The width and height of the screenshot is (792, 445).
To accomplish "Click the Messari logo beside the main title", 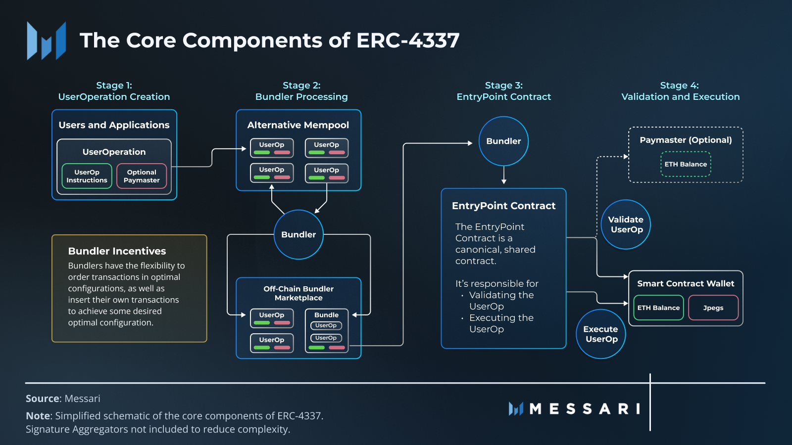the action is pyautogui.click(x=47, y=41).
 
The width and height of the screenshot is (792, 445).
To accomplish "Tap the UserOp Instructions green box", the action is pyautogui.click(x=87, y=176).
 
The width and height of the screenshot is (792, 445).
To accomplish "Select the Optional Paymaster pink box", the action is pyautogui.click(x=142, y=176).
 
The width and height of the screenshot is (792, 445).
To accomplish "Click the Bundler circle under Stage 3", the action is pyautogui.click(x=503, y=141).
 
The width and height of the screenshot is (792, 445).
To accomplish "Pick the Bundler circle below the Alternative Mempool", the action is pyautogui.click(x=298, y=234).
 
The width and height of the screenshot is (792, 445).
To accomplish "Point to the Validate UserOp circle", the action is pyautogui.click(x=626, y=224).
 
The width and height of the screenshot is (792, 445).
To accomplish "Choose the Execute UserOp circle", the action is pyautogui.click(x=601, y=334).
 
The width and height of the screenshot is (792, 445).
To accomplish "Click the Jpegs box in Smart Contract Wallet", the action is pyautogui.click(x=713, y=308).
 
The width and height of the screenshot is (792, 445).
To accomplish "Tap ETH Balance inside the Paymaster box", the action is pyautogui.click(x=686, y=164).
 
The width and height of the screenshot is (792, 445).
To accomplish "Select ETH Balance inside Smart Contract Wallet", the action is pyautogui.click(x=658, y=308).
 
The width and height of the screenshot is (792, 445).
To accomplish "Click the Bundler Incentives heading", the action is pyautogui.click(x=117, y=251).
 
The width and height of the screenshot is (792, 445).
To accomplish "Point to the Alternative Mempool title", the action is pyautogui.click(x=298, y=125).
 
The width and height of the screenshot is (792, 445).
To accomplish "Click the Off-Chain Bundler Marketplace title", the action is pyautogui.click(x=298, y=293).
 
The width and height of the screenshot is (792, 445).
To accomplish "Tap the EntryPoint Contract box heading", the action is pyautogui.click(x=503, y=206).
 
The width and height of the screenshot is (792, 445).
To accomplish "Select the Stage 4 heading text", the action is pyautogui.click(x=680, y=91).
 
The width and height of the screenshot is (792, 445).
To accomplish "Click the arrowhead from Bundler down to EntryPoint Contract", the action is pyautogui.click(x=504, y=181).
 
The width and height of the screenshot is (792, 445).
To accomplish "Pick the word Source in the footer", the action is pyautogui.click(x=43, y=399).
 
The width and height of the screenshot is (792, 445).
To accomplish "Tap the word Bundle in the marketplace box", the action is pyautogui.click(x=326, y=314).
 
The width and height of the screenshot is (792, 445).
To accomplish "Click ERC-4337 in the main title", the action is pyautogui.click(x=408, y=40).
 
